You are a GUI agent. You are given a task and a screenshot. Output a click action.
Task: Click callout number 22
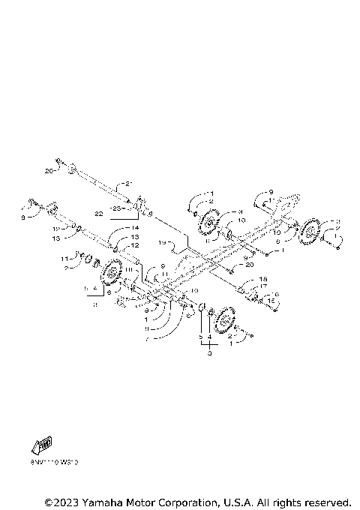[99, 214]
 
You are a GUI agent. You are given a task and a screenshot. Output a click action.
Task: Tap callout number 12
[135, 245]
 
